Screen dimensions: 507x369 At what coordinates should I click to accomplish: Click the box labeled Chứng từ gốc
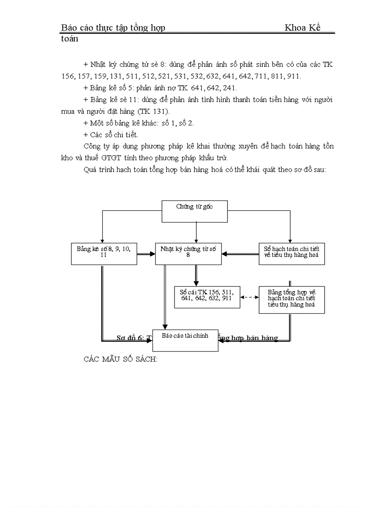194,211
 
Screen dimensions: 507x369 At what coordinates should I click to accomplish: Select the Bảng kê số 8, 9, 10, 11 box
104,254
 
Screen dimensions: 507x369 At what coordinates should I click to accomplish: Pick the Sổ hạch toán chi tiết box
292,254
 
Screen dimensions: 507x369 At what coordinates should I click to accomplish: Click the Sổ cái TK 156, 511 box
207,297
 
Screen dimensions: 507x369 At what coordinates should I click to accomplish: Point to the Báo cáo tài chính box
185,340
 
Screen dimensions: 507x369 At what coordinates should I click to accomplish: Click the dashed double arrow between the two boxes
249,298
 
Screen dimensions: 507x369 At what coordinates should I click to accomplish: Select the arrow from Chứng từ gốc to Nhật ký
196,233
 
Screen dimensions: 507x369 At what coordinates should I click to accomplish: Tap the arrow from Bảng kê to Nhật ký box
146,254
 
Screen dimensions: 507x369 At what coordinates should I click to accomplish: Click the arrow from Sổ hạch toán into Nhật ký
240,254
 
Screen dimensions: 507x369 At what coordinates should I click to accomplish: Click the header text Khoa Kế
303,28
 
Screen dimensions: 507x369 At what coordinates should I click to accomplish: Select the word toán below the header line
70,39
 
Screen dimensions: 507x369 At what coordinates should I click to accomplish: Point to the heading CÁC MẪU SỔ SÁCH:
121,360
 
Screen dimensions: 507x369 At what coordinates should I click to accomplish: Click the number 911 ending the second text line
293,76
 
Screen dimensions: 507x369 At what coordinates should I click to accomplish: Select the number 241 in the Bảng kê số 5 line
229,88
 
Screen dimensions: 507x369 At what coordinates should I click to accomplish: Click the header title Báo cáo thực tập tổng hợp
113,28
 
